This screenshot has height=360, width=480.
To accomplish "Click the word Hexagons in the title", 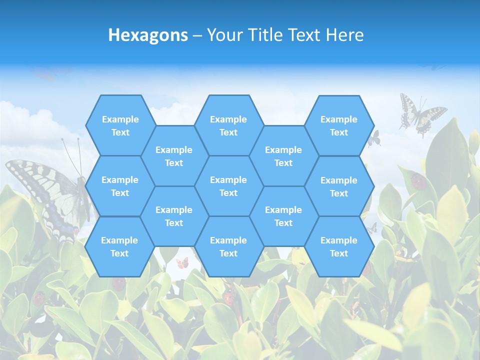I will point(148,35).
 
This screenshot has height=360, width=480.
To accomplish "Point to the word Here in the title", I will point(344,35).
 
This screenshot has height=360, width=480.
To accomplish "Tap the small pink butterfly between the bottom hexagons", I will point(182,262).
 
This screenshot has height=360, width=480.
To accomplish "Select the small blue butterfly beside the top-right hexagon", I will point(374,138).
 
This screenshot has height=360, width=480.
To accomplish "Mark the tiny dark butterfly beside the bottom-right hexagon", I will point(371,228).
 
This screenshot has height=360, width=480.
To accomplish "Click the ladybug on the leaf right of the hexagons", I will point(419,181).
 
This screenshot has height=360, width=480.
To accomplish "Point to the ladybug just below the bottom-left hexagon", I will point(119,283).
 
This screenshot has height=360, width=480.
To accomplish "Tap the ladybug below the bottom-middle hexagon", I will point(228,298).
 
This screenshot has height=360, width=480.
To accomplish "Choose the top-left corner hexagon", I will point(120,125).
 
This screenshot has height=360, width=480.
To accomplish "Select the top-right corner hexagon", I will point(339,125).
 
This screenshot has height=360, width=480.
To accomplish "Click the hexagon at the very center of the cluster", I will point(228,186).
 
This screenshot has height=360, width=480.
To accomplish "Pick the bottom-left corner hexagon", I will point(119,246).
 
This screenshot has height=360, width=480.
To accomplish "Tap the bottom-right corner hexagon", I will point(339,246).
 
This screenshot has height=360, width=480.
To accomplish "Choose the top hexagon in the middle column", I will point(228,125).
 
